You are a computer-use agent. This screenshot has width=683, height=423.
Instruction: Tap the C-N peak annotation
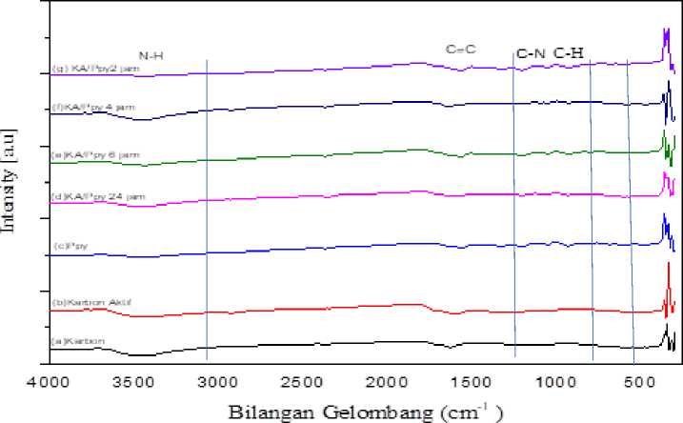coord(531,53)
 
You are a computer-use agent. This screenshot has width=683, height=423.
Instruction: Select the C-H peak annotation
coord(570,53)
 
